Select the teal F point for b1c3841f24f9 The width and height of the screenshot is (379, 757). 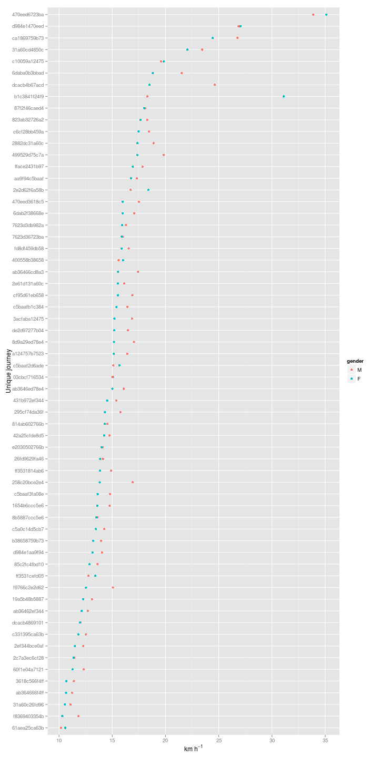284,96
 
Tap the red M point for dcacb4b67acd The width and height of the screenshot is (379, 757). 215,85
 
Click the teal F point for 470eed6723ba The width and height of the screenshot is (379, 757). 326,15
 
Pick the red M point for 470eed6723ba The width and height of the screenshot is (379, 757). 313,15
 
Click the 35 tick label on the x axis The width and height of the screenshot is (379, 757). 325,740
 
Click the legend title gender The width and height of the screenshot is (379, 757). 355,361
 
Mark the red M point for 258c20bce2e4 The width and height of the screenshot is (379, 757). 133,482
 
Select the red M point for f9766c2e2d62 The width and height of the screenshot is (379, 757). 113,587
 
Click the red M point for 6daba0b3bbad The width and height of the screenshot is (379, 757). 182,73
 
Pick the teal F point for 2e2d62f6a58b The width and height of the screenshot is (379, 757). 148,190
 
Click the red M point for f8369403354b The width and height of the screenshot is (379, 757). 78,716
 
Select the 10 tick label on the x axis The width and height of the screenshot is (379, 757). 59,740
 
